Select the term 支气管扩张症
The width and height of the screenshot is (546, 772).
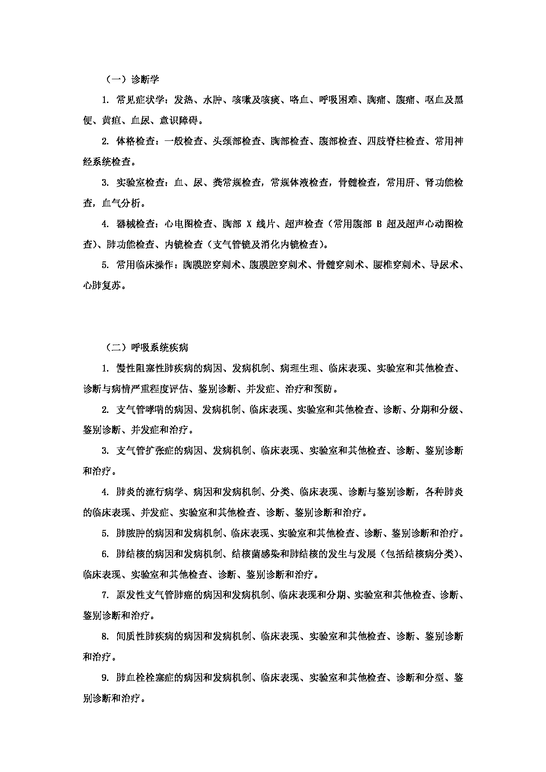145,451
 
